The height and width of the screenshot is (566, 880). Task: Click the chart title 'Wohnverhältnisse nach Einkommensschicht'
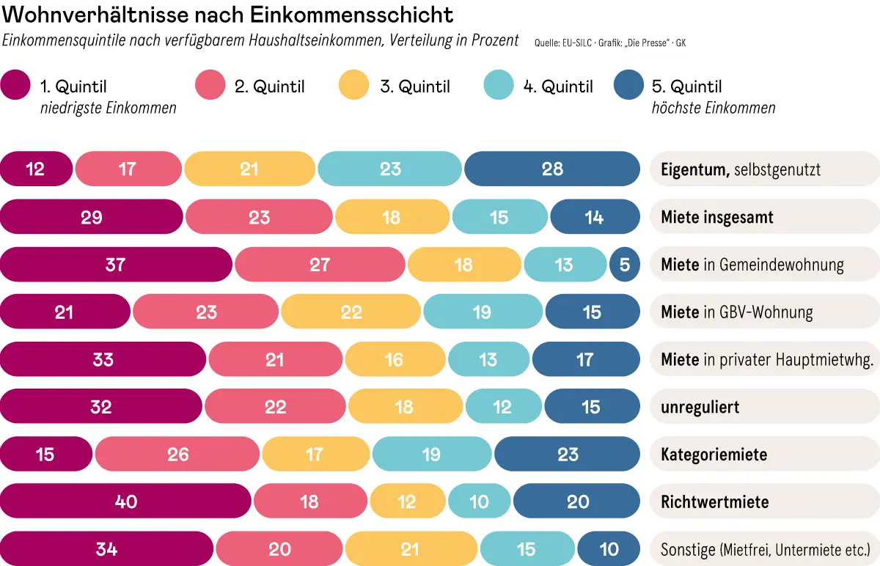pos(228,14)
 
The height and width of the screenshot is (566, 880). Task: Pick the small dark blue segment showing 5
pos(625,264)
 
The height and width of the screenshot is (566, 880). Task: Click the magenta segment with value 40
pos(125,501)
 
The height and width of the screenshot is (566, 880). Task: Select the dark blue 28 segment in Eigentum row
pos(552,169)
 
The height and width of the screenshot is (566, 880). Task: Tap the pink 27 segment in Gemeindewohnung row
pos(320,264)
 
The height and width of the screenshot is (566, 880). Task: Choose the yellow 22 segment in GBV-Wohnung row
pos(351,312)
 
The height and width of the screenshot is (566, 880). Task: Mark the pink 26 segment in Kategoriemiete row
pos(177,455)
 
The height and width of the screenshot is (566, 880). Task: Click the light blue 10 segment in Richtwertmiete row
pos(479,501)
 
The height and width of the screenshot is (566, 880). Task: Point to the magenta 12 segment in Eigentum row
pos(36,169)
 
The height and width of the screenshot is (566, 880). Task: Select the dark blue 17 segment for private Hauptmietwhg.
pos(585,359)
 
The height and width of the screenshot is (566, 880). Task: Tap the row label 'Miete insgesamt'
pos(716,217)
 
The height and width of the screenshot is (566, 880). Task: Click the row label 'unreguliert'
pos(700,407)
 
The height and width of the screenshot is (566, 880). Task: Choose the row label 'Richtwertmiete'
pos(714,502)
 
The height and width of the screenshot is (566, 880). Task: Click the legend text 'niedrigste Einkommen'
pos(108,109)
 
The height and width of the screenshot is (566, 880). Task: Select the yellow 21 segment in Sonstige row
pos(411,549)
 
